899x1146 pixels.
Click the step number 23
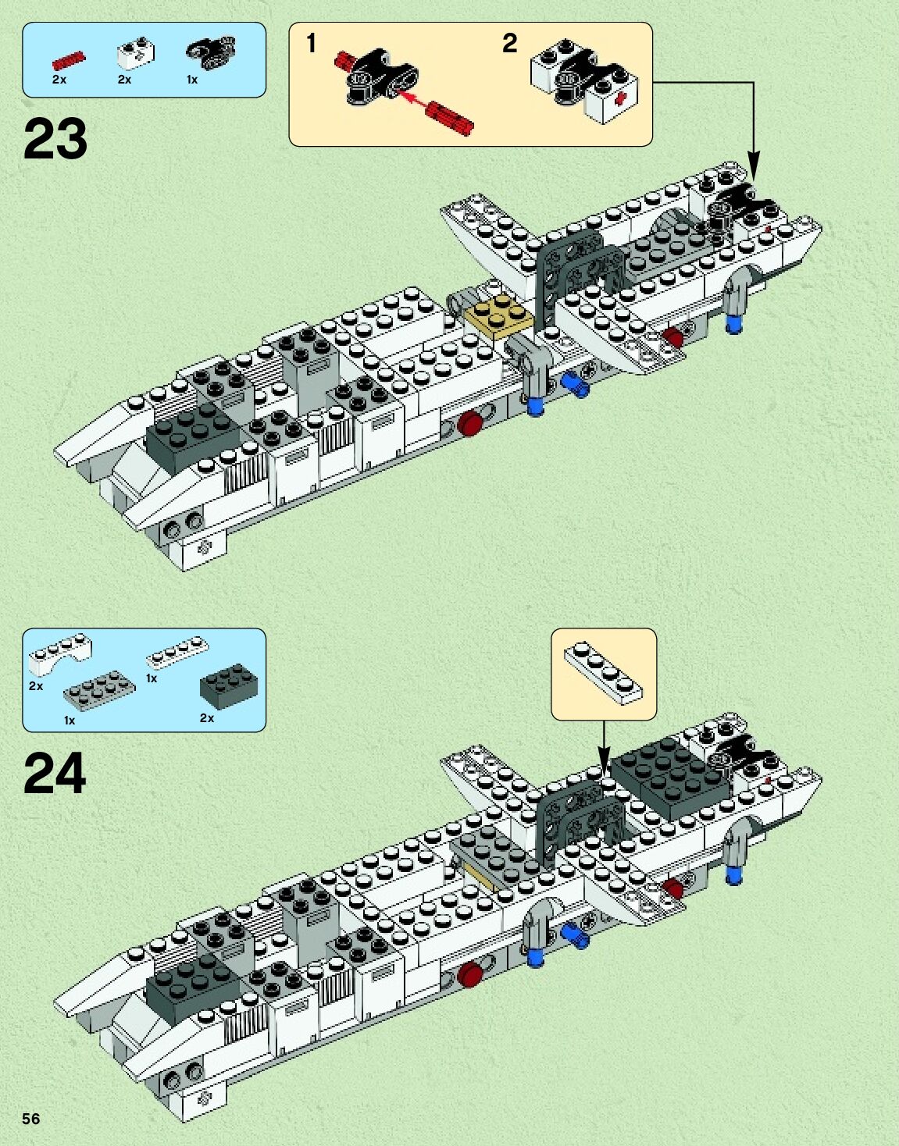(x=55, y=139)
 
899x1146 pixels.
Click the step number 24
(x=55, y=774)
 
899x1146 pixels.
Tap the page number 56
(x=30, y=1119)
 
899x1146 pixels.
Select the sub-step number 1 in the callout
(x=311, y=43)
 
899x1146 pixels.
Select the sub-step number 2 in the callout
(x=509, y=43)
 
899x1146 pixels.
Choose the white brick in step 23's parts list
(x=135, y=53)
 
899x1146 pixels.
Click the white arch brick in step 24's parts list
(x=59, y=654)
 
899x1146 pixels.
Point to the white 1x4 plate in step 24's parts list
(x=177, y=653)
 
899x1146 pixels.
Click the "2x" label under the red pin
(x=59, y=80)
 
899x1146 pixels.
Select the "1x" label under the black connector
(x=192, y=80)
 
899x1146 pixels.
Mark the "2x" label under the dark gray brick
(x=207, y=717)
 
